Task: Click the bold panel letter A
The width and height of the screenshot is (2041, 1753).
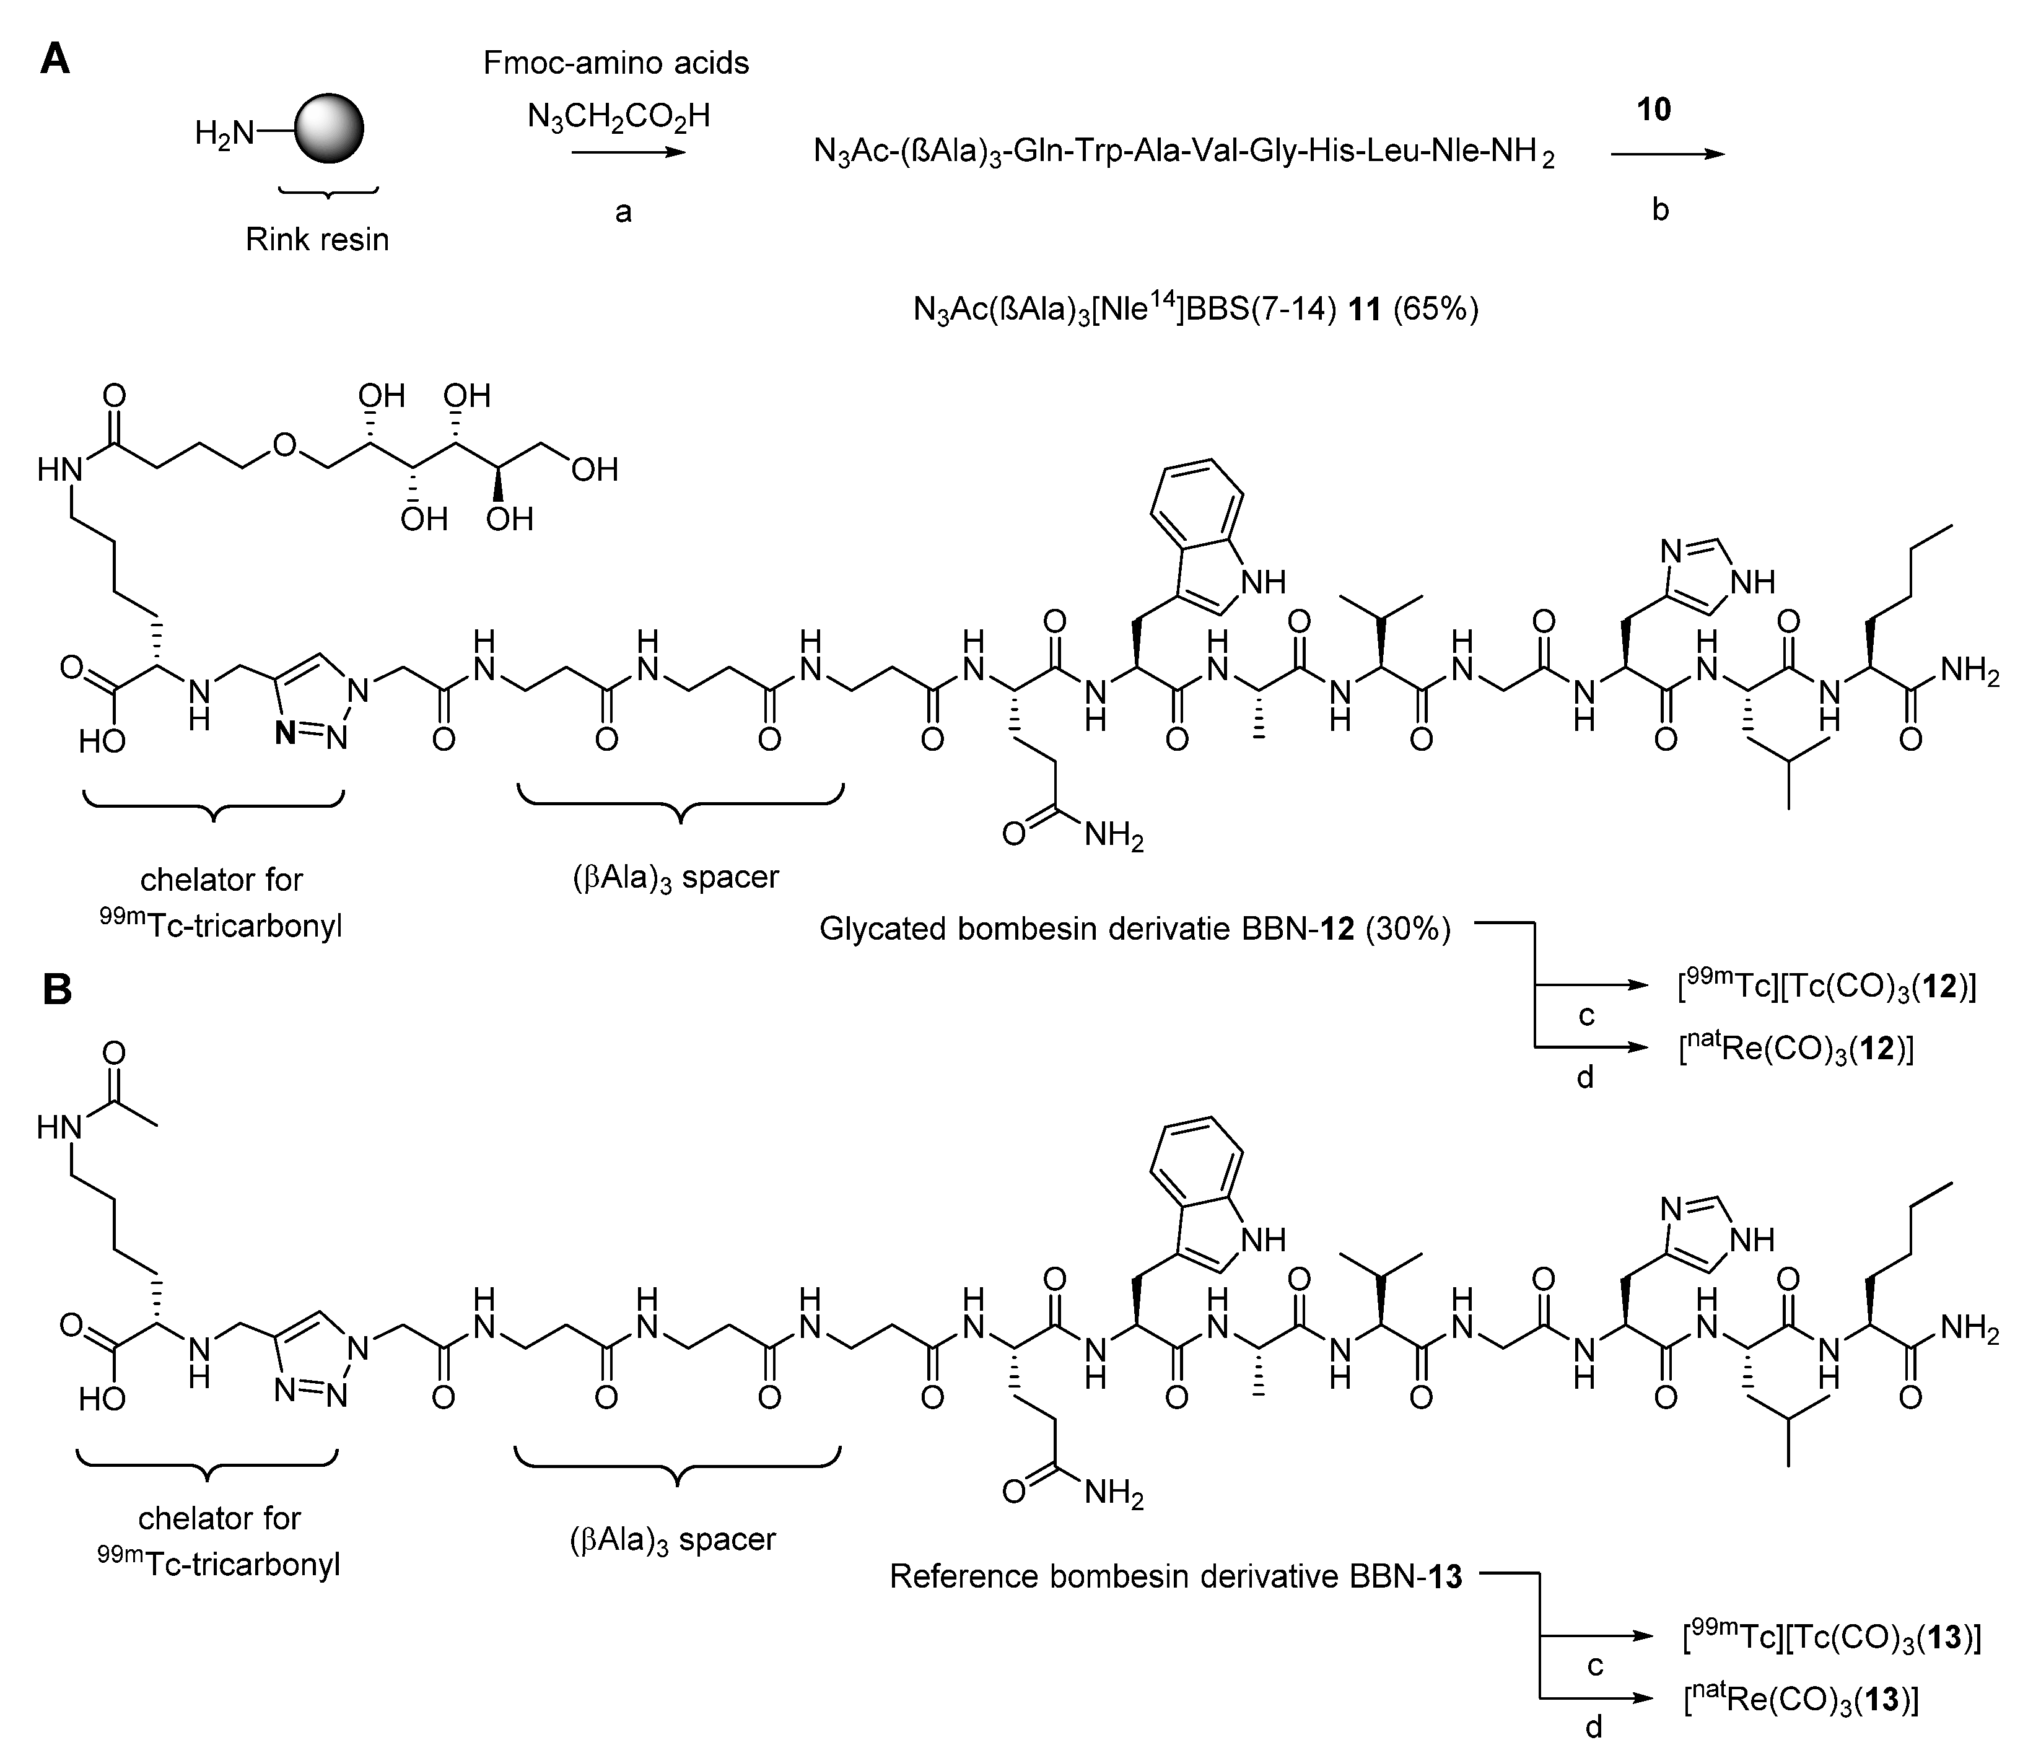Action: tap(55, 61)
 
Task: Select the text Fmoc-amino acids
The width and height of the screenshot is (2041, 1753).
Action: tap(616, 63)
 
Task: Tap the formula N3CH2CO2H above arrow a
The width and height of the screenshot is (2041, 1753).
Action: tap(618, 116)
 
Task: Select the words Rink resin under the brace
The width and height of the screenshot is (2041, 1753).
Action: tap(317, 239)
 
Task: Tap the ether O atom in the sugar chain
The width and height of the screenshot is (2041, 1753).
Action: tap(284, 445)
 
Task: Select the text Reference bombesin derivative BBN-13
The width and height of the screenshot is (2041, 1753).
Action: tap(1175, 1576)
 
